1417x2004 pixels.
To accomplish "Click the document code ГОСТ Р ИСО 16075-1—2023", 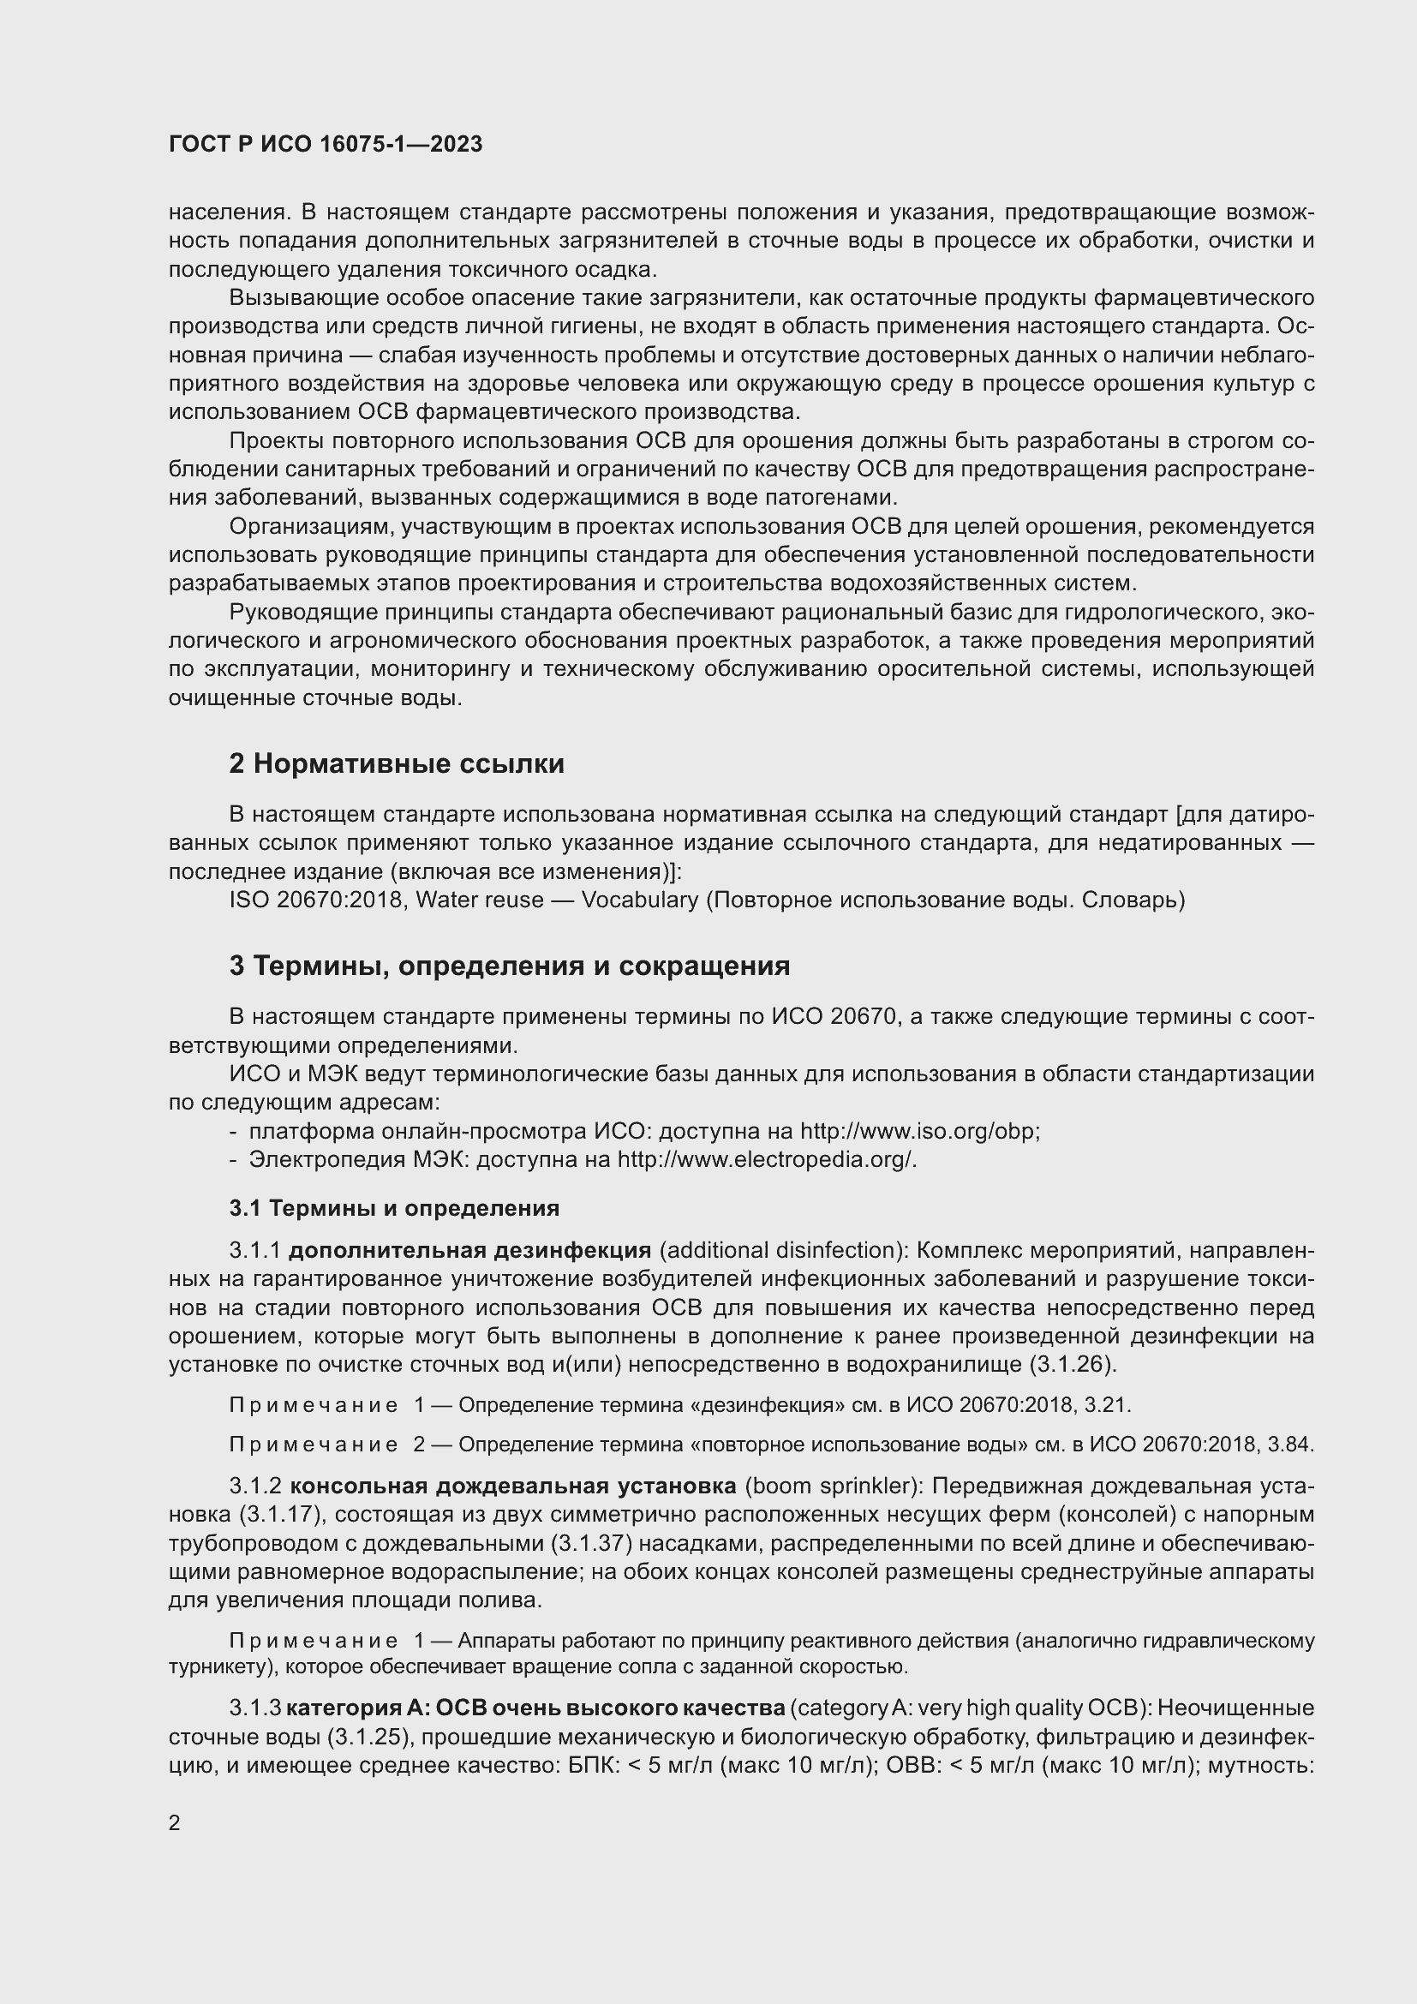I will [x=326, y=145].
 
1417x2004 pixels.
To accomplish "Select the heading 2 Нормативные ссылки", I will [x=396, y=763].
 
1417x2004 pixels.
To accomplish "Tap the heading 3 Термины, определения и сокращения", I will [x=510, y=966].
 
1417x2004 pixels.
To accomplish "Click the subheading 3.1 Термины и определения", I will [x=394, y=1208].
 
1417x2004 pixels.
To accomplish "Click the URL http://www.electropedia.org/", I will [x=766, y=1160].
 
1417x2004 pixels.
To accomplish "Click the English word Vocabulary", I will [x=640, y=900].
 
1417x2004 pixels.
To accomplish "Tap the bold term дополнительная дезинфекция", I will [x=469, y=1250].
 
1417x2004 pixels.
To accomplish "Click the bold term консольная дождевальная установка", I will [x=513, y=1486].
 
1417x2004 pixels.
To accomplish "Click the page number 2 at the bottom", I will [x=175, y=1823].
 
